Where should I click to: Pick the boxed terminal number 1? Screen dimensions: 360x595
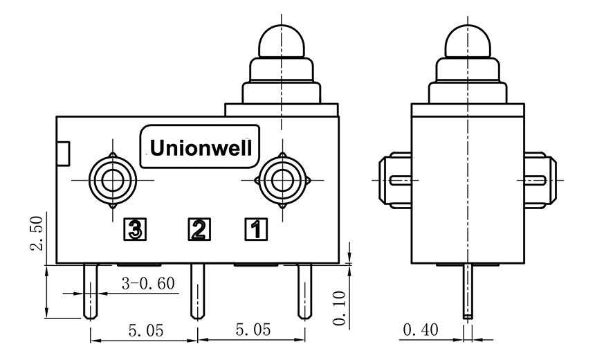[x=255, y=228]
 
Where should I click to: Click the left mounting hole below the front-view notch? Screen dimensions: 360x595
[x=111, y=180]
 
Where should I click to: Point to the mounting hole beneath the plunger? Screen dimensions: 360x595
[x=282, y=180]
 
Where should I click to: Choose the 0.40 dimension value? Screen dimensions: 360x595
[x=422, y=331]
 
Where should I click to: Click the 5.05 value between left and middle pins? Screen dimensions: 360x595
[x=145, y=331]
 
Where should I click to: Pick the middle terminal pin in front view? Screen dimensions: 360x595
[x=198, y=291]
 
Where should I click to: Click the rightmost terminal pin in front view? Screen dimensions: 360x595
[x=304, y=291]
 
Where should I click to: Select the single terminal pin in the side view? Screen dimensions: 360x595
[x=468, y=291]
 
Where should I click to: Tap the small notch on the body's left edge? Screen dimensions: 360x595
[x=63, y=153]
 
